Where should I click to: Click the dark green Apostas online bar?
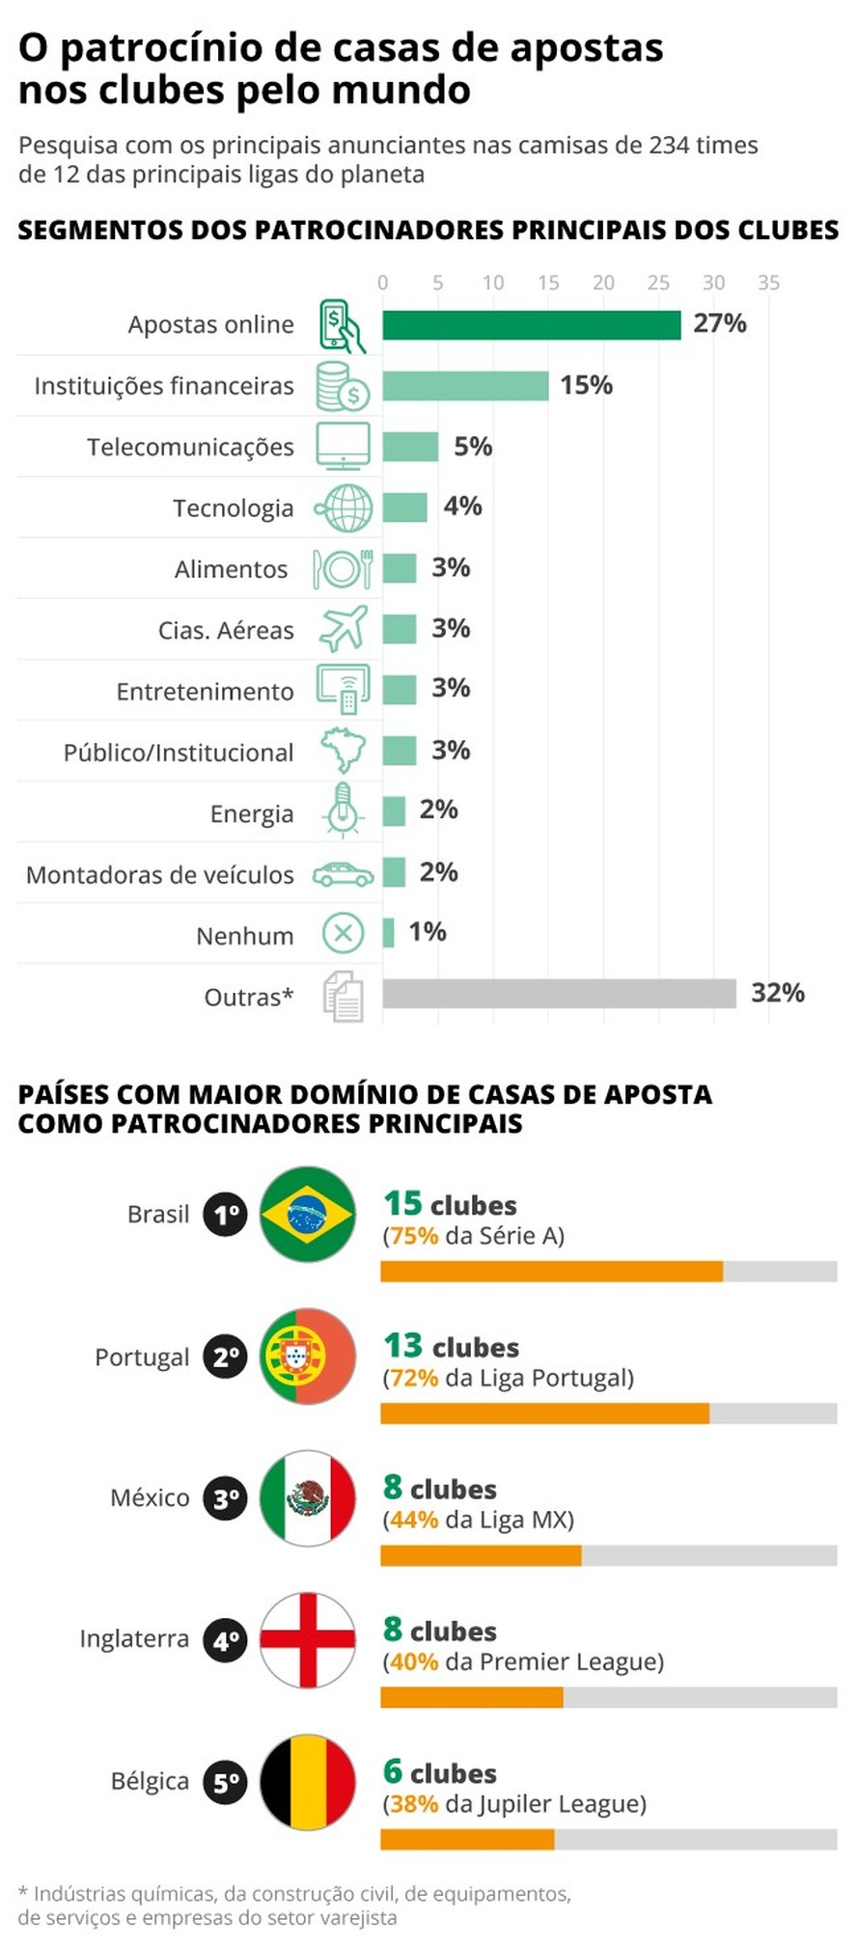tap(531, 325)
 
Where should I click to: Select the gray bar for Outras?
tap(559, 994)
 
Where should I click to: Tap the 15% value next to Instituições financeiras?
tap(586, 385)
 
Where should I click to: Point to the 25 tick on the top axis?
tap(658, 283)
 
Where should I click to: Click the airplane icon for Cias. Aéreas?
tap(343, 629)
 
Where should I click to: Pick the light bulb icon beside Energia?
tap(343, 809)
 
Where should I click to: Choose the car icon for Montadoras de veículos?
tap(343, 874)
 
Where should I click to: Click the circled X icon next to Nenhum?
tap(343, 933)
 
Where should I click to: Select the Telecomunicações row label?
tap(190, 447)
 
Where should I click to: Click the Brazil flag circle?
tap(308, 1214)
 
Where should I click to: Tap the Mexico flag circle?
tap(308, 1497)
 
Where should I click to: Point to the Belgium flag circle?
tap(308, 1781)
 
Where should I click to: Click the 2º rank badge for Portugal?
tap(226, 1357)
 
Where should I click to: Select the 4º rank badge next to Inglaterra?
tap(226, 1640)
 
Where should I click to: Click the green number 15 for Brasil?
tap(402, 1203)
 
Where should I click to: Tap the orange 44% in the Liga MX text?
tap(414, 1520)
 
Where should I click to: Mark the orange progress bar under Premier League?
tap(471, 1697)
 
